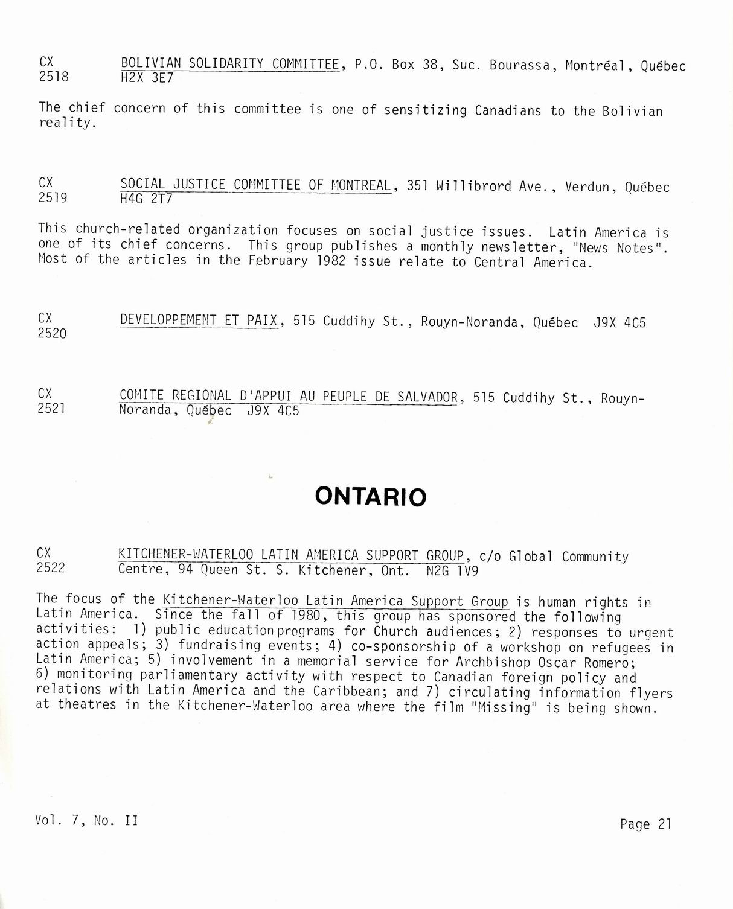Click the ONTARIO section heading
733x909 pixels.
[370, 497]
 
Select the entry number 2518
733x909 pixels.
[53, 77]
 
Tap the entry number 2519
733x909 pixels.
[53, 197]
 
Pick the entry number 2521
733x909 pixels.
[51, 409]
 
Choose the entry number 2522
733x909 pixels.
[51, 568]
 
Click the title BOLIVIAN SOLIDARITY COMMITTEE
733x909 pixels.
[230, 63]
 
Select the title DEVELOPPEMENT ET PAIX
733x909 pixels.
[199, 321]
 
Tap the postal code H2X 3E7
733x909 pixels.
[147, 78]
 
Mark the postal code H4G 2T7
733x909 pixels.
[146, 199]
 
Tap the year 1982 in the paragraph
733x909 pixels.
[331, 261]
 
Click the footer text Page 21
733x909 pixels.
[645, 824]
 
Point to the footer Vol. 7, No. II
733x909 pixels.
[86, 820]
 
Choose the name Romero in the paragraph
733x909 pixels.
[604, 662]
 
